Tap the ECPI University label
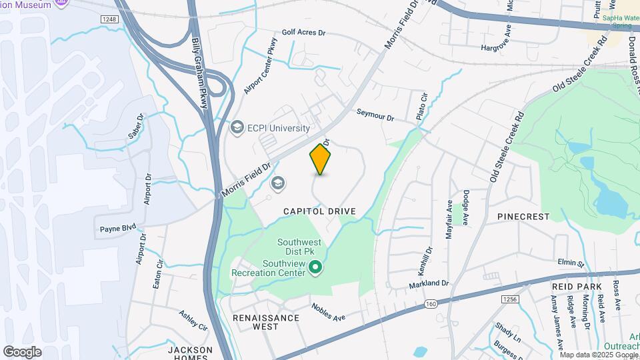point(278,128)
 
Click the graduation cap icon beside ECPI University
point(237,127)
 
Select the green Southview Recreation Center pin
point(317,269)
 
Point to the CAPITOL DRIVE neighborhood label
point(319,211)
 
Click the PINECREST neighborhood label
point(523,217)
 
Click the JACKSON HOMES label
point(190,353)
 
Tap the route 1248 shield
point(110,19)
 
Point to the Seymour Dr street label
point(375,115)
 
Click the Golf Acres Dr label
point(303,31)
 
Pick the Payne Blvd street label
point(118,228)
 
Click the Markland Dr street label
point(429,284)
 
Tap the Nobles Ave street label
point(329,312)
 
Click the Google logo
point(22,352)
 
